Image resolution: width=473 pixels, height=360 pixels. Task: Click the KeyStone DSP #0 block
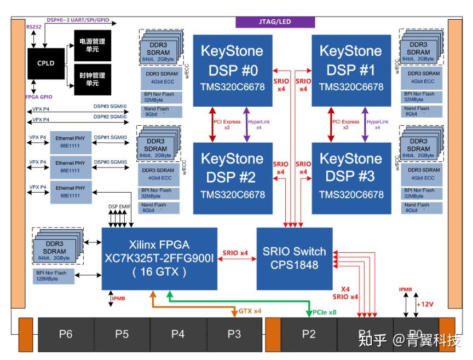pos(232,71)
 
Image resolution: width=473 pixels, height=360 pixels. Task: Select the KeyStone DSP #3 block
pos(351,178)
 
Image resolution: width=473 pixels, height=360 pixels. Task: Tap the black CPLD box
pos(45,63)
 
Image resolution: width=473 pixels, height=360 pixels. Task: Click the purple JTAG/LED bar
pos(275,22)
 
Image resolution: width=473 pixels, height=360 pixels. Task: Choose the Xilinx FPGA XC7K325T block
pos(159,258)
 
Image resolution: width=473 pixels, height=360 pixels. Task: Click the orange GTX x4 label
pos(250,311)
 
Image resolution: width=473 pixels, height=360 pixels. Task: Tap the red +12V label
pos(425,304)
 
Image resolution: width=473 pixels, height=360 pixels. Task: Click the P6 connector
pos(66,334)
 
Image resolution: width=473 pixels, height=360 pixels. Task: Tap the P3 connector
pos(234,334)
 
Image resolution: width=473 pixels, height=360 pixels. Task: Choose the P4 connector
pos(178,334)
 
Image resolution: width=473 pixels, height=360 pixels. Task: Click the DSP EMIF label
pos(119,206)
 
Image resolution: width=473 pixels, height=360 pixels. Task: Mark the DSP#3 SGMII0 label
pos(110,107)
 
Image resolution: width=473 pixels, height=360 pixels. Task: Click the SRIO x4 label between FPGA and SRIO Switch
pos(236,253)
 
